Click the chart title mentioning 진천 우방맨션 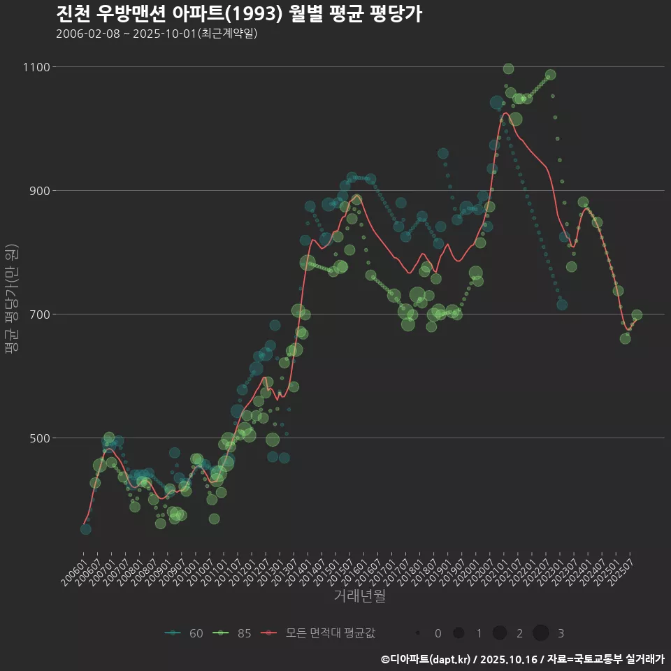(238, 14)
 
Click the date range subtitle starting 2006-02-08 (157, 34)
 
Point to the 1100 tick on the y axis (36, 67)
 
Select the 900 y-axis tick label (39, 191)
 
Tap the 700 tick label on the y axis (39, 315)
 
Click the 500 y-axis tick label (39, 438)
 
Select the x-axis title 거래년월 (360, 596)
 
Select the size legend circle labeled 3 (540, 633)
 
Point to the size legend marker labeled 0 (417, 633)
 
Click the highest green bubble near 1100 (508, 68)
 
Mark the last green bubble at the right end (637, 315)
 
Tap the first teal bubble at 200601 (85, 529)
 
